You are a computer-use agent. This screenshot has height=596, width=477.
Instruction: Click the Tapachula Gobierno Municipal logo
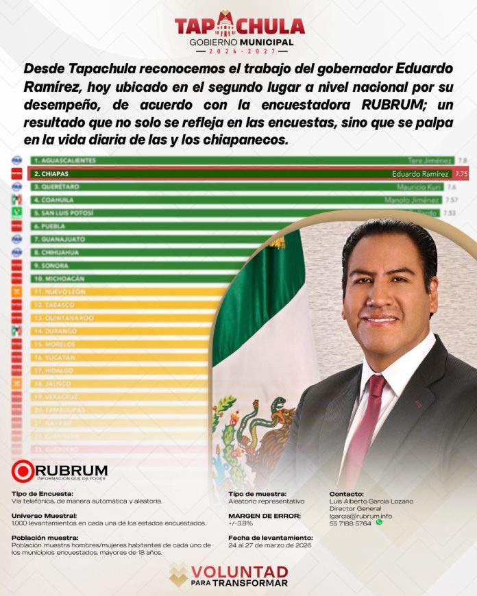[x=238, y=30]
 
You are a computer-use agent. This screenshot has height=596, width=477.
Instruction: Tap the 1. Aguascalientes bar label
[x=64, y=160]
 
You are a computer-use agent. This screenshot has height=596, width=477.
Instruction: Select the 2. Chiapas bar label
[x=51, y=174]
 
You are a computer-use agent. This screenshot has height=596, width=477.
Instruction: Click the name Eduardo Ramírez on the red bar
[x=421, y=174]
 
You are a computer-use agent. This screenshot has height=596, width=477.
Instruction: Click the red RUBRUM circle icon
[x=23, y=471]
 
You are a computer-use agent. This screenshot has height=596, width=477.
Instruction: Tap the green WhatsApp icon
[x=379, y=522]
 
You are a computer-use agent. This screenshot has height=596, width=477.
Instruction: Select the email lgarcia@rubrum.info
[x=360, y=515]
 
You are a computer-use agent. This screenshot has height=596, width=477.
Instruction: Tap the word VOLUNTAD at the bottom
[x=239, y=572]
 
